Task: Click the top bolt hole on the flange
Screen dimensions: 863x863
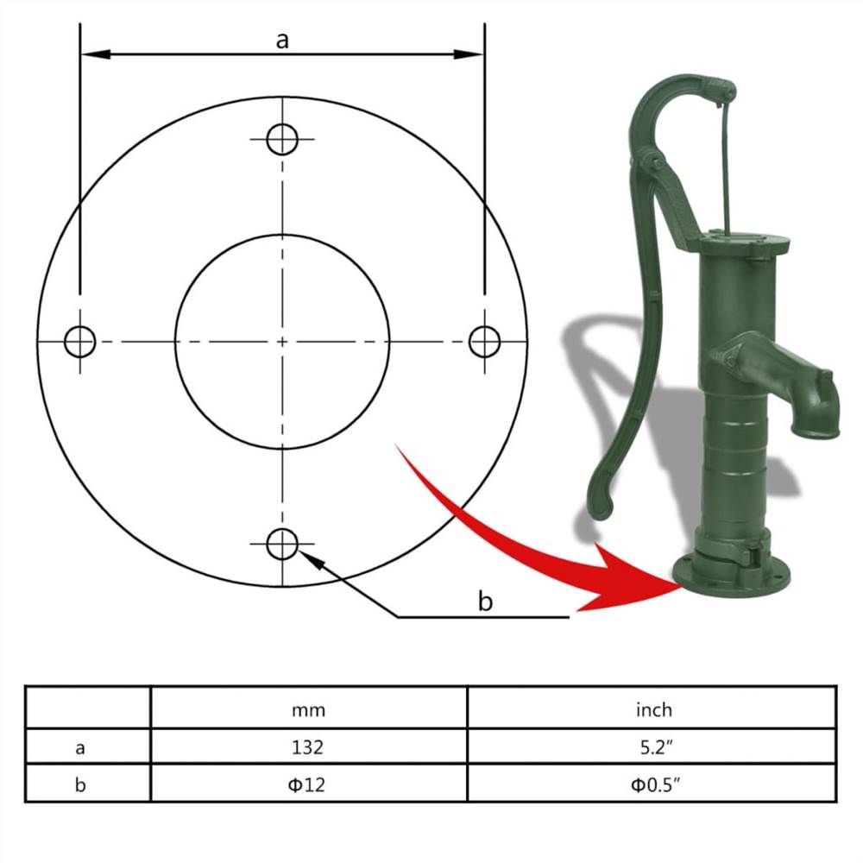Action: point(282,139)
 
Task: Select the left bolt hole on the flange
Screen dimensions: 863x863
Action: point(79,342)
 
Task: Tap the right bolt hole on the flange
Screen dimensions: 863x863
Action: point(484,342)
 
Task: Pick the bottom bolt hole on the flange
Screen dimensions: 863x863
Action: point(282,544)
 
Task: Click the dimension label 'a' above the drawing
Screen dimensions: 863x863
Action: point(282,40)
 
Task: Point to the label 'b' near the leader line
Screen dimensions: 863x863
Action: point(486,602)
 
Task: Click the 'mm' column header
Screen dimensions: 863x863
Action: point(308,709)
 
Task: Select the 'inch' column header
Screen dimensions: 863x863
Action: point(653,709)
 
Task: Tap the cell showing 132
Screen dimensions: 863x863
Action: point(308,746)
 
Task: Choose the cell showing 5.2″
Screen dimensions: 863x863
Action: point(653,746)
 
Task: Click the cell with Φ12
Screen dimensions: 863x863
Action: point(308,784)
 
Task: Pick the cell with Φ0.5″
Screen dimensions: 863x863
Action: point(653,784)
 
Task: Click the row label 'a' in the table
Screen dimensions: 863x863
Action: point(80,747)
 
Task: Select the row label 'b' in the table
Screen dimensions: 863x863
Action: point(80,784)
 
